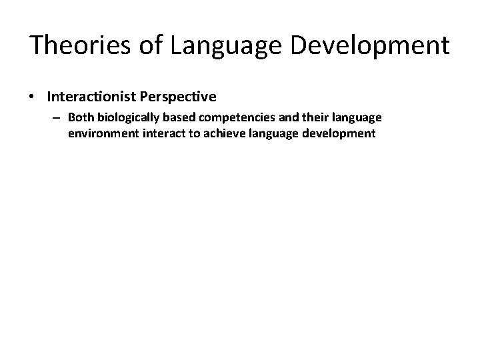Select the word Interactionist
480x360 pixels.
coord(93,97)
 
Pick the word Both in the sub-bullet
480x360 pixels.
coord(79,118)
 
